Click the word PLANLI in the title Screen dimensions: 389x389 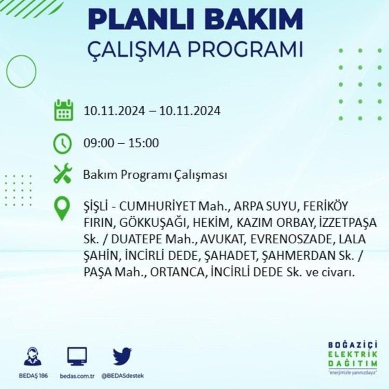click(141, 19)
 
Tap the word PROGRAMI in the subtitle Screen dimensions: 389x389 click(245, 49)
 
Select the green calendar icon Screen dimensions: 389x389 click(63, 110)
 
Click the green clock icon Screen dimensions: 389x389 click(63, 143)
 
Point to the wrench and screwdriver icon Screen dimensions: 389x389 click(63, 173)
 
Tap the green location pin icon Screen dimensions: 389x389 click(62, 209)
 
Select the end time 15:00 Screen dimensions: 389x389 click(143, 143)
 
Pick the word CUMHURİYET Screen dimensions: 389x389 click(157, 206)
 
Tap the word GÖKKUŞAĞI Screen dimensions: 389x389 click(152, 223)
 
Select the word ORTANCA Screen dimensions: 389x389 click(177, 272)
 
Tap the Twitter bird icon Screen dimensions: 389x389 click(122, 356)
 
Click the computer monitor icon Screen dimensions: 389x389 click(77, 356)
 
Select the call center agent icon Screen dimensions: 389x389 click(33, 356)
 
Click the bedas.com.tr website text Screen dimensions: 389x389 click(77, 376)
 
